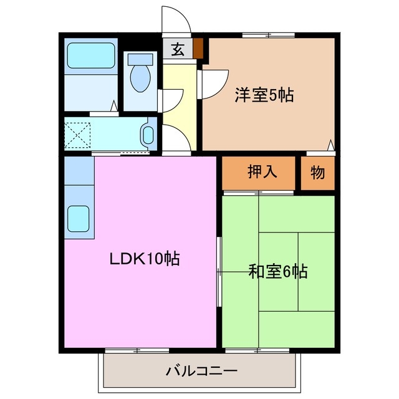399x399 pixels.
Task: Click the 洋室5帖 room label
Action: pyautogui.click(x=264, y=95)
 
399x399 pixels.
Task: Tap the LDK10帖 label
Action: pyautogui.click(x=146, y=257)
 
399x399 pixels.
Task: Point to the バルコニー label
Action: pyautogui.click(x=201, y=372)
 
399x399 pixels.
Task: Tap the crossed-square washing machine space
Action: pyautogui.click(x=78, y=133)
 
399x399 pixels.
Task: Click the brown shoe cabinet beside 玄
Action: pyautogui.click(x=198, y=49)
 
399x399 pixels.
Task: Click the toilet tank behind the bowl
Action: pyautogui.click(x=138, y=58)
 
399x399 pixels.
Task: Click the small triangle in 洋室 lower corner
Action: pyautogui.click(x=330, y=147)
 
